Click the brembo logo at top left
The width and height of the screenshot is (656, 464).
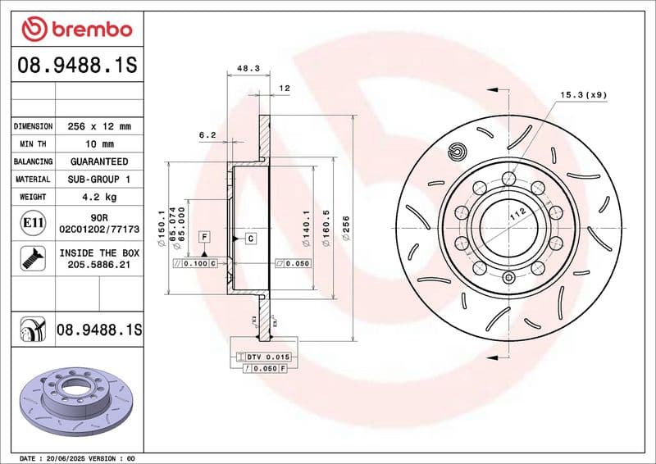click(x=76, y=30)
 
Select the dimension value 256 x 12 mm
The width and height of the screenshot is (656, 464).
click(x=99, y=127)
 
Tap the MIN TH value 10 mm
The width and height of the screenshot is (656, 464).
click(x=99, y=144)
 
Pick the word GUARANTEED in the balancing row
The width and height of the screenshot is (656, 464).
click(x=99, y=161)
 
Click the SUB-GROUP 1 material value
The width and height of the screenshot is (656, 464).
click(x=99, y=179)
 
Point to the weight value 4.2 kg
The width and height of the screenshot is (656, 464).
click(x=99, y=197)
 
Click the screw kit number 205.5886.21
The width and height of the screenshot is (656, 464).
click(x=99, y=265)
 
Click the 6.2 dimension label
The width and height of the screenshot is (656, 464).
click(x=207, y=134)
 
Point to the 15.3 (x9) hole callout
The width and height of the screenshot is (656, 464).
click(x=583, y=96)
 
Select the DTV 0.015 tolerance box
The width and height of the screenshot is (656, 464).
click(x=264, y=357)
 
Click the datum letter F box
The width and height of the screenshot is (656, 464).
click(x=203, y=237)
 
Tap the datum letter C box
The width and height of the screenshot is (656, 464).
click(x=250, y=238)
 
